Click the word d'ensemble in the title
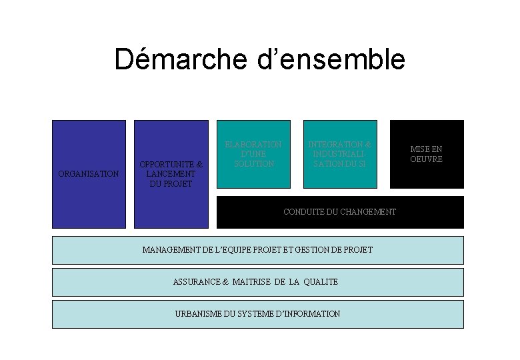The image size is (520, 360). pos(330,59)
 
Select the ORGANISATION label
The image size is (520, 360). pos(89,174)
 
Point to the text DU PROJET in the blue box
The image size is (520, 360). pos(171,183)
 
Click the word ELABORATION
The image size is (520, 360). pos(254,144)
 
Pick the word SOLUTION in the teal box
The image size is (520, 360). pos(254,163)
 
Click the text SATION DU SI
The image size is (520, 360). pos(340,163)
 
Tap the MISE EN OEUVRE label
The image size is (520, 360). pos(427,154)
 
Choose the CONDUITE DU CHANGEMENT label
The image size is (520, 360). pos(339,212)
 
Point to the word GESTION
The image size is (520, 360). pos(311,250)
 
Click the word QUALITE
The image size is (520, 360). pos(321,282)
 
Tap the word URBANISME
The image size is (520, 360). pos(197,314)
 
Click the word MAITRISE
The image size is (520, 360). pos(251,282)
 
